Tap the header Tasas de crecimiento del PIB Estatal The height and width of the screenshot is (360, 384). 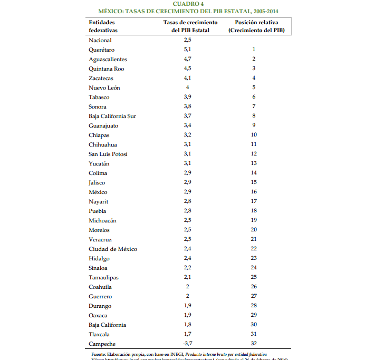tap(190, 26)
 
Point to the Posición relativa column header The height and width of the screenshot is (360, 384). tap(257, 26)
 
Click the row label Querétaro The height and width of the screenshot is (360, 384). tap(101, 50)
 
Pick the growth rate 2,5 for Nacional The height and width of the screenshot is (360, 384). tap(187, 40)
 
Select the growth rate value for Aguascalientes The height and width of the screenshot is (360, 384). tap(187, 59)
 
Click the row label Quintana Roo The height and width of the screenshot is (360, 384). tap(107, 69)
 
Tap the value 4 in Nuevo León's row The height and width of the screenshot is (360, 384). tap(187, 87)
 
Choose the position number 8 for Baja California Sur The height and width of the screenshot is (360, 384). tap(254, 116)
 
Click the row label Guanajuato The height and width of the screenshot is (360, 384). tap(103, 125)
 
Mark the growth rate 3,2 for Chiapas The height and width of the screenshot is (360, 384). tap(187, 135)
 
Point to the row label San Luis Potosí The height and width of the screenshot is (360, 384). tap(108, 154)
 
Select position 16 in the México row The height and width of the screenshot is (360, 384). tap(254, 192)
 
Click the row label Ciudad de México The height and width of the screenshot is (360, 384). tap(113, 249)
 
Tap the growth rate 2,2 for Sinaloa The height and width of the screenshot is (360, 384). tap(187, 268)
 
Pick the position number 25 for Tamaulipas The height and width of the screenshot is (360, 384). tap(254, 277)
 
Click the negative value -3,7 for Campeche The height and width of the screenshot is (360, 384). tap(187, 344)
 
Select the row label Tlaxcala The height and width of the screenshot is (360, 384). tap(100, 334)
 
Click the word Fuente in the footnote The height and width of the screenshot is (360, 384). tap(99, 354)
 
